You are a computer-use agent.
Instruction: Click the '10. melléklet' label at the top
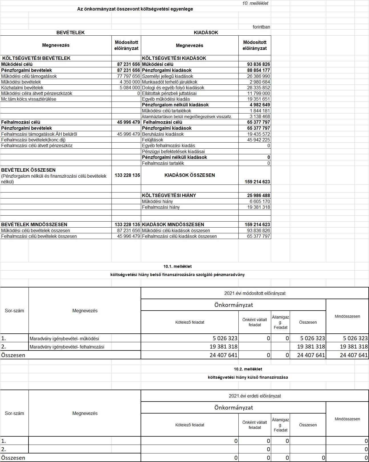pyautogui.click(x=255, y=3)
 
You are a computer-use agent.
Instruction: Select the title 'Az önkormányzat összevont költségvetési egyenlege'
pyautogui.click(x=135, y=9)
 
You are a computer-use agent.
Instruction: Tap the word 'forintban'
pyautogui.click(x=261, y=27)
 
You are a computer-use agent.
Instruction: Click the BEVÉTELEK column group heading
pyautogui.click(x=70, y=33)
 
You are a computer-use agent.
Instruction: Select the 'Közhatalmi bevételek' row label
pyautogui.click(x=22, y=88)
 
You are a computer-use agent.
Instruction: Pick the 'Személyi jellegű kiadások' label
pyautogui.click(x=167, y=76)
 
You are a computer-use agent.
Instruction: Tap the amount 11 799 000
pyautogui.click(x=258, y=94)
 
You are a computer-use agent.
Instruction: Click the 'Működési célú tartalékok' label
pyautogui.click(x=167, y=111)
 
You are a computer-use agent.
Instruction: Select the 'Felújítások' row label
pyautogui.click(x=153, y=140)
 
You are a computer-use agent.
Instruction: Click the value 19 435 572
pyautogui.click(x=258, y=134)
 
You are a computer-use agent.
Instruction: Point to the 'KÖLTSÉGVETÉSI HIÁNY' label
pyautogui.click(x=169, y=196)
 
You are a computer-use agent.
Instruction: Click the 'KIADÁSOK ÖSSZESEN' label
pyautogui.click(x=190, y=175)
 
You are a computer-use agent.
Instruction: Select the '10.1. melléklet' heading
pyautogui.click(x=177, y=266)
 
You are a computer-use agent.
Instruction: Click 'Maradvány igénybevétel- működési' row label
pyautogui.click(x=64, y=339)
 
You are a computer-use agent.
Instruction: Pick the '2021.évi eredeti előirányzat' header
pyautogui.click(x=255, y=396)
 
